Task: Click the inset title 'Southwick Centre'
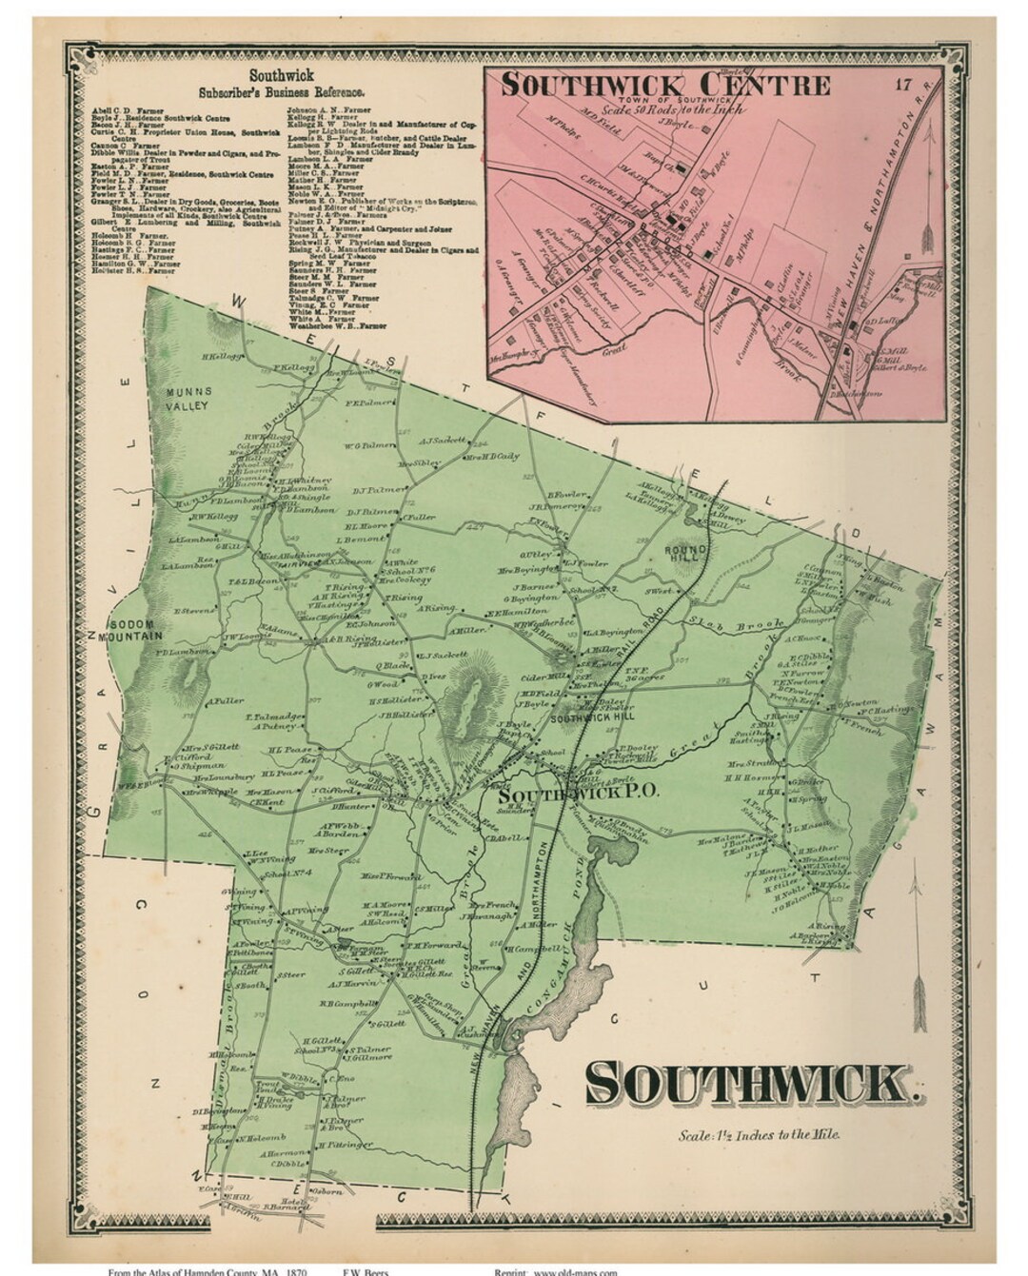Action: coord(665,84)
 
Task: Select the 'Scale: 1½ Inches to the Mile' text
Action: coord(759,1134)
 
